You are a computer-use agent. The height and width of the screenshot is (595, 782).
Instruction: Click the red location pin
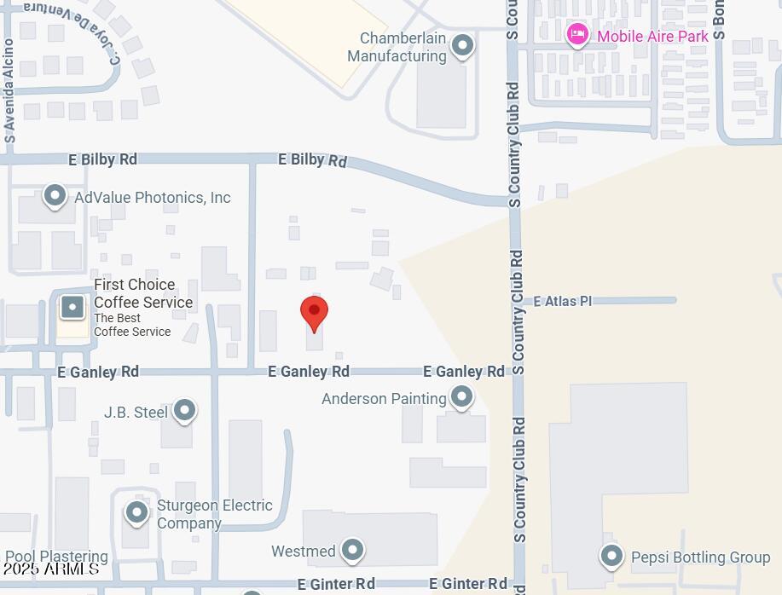(x=314, y=313)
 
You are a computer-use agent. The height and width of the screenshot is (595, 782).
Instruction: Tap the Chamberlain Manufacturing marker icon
(x=462, y=45)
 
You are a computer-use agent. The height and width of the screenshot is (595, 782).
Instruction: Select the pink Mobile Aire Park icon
(x=577, y=35)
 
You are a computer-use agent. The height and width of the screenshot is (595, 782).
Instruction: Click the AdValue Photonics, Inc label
(x=153, y=198)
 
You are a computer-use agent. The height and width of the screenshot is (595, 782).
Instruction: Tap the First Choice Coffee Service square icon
(x=72, y=307)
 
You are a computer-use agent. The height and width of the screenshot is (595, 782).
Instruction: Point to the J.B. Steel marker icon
(x=184, y=411)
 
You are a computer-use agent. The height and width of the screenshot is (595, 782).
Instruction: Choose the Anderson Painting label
(x=384, y=399)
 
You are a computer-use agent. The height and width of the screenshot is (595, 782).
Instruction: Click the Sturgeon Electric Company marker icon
(x=137, y=512)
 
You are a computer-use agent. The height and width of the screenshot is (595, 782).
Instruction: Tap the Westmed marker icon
(x=352, y=550)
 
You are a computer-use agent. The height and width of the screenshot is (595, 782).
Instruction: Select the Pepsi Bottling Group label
(x=700, y=557)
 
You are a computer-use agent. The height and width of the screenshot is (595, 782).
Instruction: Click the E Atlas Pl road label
(x=562, y=301)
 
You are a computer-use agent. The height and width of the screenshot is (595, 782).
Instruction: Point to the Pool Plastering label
(x=56, y=557)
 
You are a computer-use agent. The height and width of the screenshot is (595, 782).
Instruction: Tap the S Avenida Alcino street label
(x=9, y=90)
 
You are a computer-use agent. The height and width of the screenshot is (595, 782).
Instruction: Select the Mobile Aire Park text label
(x=652, y=37)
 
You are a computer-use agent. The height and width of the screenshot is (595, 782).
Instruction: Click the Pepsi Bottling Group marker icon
(x=611, y=556)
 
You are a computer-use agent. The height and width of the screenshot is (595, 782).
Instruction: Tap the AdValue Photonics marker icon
(x=55, y=196)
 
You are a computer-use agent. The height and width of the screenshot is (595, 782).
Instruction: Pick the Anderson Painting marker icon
(x=461, y=396)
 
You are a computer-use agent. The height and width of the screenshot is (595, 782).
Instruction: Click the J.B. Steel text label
(x=136, y=413)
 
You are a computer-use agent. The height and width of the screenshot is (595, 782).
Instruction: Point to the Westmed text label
(x=304, y=552)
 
